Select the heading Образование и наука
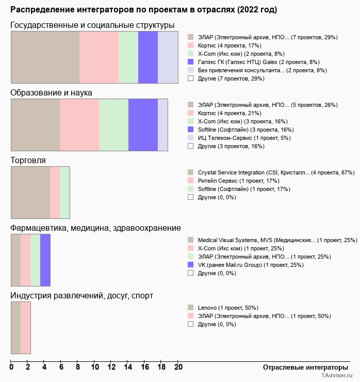coord(52,93)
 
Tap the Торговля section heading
coord(28,161)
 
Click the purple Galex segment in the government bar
coord(148,57)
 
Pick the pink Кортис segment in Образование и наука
coord(79,124)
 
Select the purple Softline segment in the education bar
coord(143,124)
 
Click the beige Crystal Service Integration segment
coord(30,193)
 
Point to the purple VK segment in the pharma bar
coord(45,260)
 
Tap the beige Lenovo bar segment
coord(16,328)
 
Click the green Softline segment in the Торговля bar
coord(64,193)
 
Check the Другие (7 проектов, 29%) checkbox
coord(191,78)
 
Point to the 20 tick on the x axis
coord(178,368)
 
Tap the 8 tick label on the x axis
coord(78,368)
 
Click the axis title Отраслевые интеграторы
coord(302,367)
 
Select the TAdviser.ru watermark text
coord(337,376)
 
